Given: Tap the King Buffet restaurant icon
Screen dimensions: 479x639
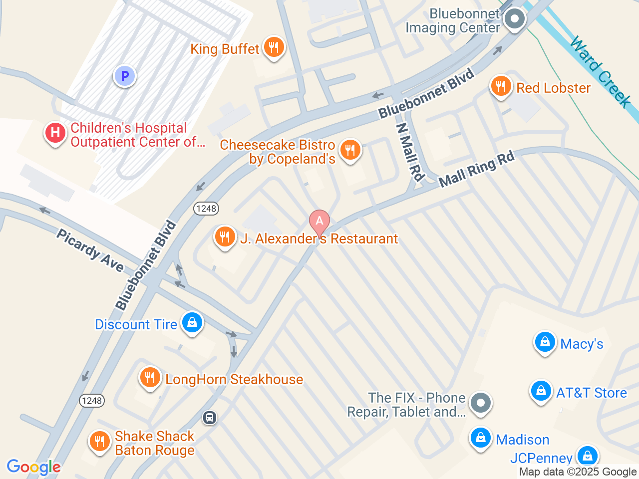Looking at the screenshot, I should tap(273, 47).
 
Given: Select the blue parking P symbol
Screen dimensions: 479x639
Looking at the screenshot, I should tap(125, 76).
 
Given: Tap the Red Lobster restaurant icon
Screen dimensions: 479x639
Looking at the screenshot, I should tap(500, 87).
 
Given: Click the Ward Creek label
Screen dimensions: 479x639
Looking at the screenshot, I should tap(601, 71).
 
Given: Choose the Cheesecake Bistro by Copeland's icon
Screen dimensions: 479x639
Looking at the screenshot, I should tap(350, 150).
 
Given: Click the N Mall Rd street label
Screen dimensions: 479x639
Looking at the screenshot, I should tap(410, 152).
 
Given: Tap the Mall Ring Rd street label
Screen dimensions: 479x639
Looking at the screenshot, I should tap(476, 170).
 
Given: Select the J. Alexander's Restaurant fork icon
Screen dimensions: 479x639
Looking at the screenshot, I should tap(225, 237).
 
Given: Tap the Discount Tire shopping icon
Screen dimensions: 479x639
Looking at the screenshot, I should tap(192, 323).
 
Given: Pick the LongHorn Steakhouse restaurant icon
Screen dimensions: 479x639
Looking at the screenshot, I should tap(150, 378).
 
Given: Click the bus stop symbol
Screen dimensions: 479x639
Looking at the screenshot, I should tap(210, 418).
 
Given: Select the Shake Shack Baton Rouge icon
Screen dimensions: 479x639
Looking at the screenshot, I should tap(99, 442).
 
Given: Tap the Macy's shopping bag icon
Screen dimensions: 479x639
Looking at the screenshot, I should tap(545, 343).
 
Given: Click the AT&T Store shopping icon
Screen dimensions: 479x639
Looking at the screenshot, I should tap(541, 391).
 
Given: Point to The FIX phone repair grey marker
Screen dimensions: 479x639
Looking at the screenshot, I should tap(481, 403).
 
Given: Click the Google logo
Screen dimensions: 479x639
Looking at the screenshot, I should tap(33, 468).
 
